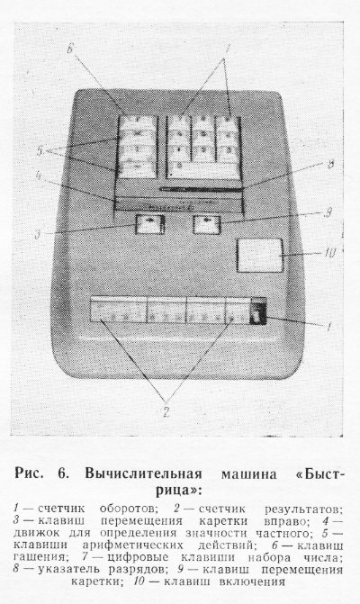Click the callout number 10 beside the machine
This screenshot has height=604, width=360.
[x=329, y=253]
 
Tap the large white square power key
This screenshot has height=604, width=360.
[x=259, y=255]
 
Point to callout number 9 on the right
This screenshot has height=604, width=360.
[x=328, y=213]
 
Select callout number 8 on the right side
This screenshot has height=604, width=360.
[x=330, y=165]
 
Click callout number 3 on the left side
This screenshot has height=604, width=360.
[x=38, y=234]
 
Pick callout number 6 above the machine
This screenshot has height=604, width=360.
[x=70, y=50]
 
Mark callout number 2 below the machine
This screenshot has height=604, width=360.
[x=166, y=412]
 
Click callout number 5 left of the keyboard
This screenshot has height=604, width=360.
[x=40, y=151]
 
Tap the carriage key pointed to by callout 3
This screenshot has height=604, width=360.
[x=150, y=224]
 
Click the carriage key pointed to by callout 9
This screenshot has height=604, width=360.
[x=207, y=224]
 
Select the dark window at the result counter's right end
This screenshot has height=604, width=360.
[x=257, y=312]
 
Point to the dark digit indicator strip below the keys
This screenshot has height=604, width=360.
[x=201, y=189]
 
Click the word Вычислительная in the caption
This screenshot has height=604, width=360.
[x=143, y=473]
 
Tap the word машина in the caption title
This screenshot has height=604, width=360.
[x=248, y=473]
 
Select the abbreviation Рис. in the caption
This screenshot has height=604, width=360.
[x=29, y=473]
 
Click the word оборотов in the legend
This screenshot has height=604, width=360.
[x=129, y=509]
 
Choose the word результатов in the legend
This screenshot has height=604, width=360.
[x=303, y=509]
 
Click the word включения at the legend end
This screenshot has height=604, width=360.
[x=251, y=581]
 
